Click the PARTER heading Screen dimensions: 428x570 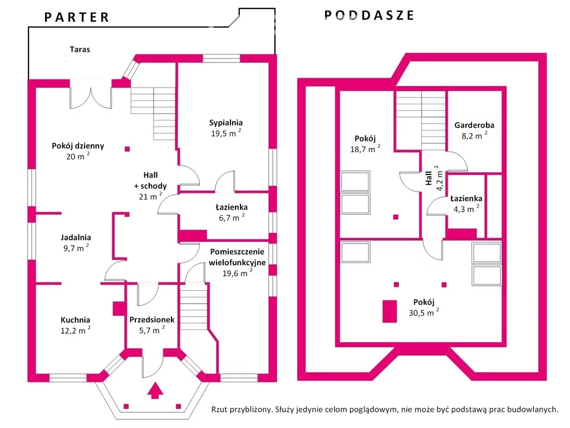tap(77, 17)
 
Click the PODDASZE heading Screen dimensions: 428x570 tap(369, 16)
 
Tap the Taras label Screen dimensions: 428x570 tap(80, 49)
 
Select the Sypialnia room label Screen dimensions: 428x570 tap(225, 123)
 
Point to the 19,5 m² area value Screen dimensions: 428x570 tap(225, 133)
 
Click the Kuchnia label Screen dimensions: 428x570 tap(75, 320)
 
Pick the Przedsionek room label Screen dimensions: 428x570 tap(152, 320)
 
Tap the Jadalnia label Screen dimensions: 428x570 tap(76, 237)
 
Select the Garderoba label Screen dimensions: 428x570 tap(474, 125)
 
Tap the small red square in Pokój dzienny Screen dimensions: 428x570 tap(127, 149)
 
